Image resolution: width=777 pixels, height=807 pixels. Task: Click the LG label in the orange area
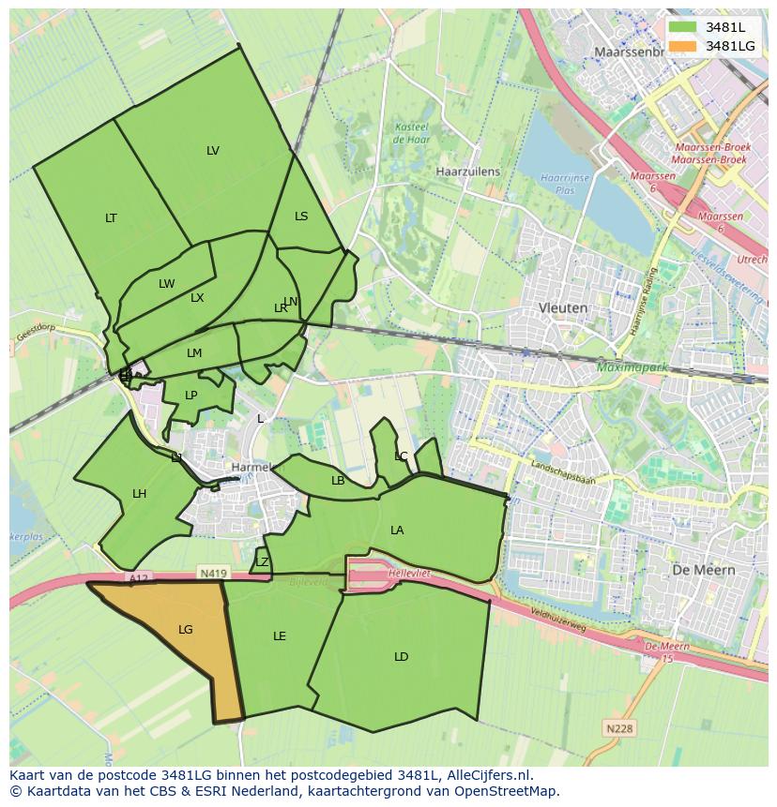coord(186,630)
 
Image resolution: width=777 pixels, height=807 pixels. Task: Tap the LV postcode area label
coord(213,151)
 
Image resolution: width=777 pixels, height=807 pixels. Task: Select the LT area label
coord(111,218)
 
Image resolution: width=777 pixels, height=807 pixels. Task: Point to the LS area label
coord(301,217)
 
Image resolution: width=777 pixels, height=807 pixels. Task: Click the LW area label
coord(166,284)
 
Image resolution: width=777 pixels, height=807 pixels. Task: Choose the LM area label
coord(194,353)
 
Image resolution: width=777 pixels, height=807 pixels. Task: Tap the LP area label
coord(191,396)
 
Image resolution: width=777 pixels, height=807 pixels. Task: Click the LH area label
coord(139,494)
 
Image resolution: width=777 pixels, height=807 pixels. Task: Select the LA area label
coord(397,531)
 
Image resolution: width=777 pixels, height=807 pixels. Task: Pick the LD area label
coord(401,657)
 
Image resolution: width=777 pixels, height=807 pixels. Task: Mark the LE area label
coord(279,636)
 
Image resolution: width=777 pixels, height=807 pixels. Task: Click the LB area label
coord(338,481)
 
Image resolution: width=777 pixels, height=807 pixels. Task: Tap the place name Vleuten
coord(563,307)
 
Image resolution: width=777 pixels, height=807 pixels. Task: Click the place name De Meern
coord(704,570)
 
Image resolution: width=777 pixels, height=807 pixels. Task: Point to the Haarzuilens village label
coord(468,172)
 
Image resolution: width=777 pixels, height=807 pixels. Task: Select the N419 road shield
coord(211,572)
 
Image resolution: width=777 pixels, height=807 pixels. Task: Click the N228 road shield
coord(618,728)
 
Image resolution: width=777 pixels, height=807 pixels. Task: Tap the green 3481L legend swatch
coord(683,27)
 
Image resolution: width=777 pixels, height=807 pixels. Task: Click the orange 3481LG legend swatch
coord(683,46)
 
